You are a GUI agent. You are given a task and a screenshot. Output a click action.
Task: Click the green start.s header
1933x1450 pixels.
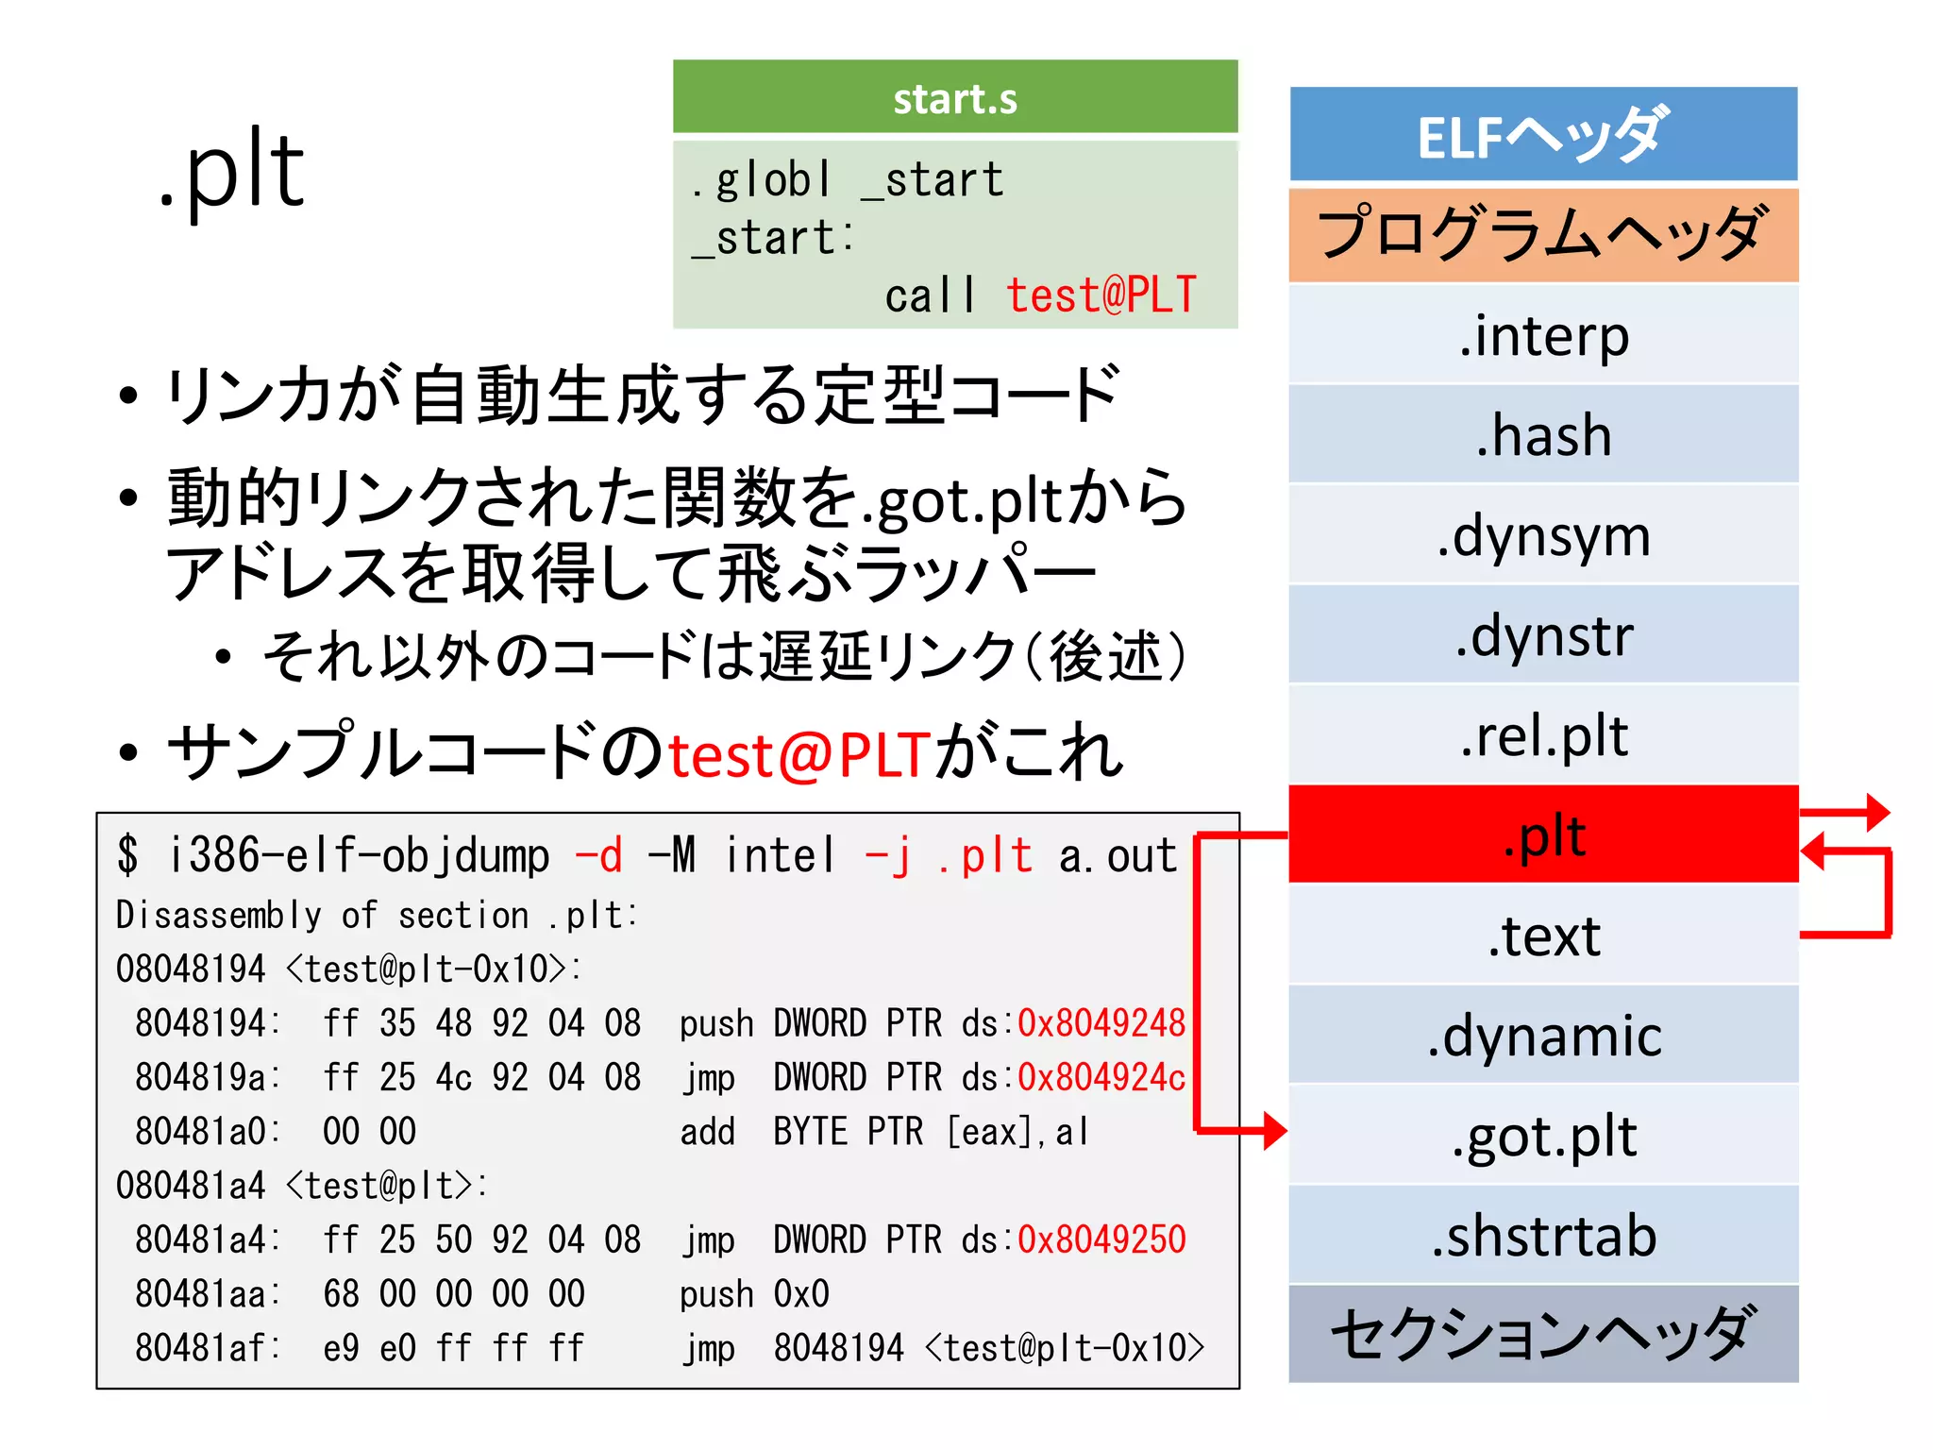click(954, 97)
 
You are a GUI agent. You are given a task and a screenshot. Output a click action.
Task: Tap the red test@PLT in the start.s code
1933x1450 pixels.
click(1101, 295)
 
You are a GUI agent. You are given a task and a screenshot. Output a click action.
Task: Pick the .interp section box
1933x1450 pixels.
click(1542, 336)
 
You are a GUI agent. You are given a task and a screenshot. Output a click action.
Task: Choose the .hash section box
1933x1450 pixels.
click(1542, 436)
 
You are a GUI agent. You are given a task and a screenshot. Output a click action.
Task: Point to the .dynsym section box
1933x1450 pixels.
click(1542, 536)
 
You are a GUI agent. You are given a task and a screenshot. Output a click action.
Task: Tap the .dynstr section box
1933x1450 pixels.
click(1542, 636)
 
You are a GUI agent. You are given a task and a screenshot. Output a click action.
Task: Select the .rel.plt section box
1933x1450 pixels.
click(1542, 736)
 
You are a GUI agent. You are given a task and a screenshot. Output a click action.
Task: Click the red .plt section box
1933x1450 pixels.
click(1542, 835)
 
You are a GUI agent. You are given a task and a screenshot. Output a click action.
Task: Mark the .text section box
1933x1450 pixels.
click(1542, 936)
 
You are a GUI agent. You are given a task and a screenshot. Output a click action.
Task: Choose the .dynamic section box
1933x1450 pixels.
click(1542, 1036)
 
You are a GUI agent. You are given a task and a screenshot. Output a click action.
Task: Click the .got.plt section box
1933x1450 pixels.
click(1542, 1136)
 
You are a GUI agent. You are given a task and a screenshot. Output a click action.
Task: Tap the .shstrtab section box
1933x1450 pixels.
click(1542, 1236)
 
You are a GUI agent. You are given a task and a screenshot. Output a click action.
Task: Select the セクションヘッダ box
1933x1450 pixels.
click(1542, 1334)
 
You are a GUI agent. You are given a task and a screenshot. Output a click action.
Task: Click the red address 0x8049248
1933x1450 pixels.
click(1101, 1023)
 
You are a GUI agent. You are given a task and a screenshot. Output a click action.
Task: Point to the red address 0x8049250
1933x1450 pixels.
click(1101, 1239)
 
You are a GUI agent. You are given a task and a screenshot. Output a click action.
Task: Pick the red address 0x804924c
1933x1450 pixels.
click(1101, 1077)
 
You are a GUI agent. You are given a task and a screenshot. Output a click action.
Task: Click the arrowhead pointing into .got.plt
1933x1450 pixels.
click(1275, 1130)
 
